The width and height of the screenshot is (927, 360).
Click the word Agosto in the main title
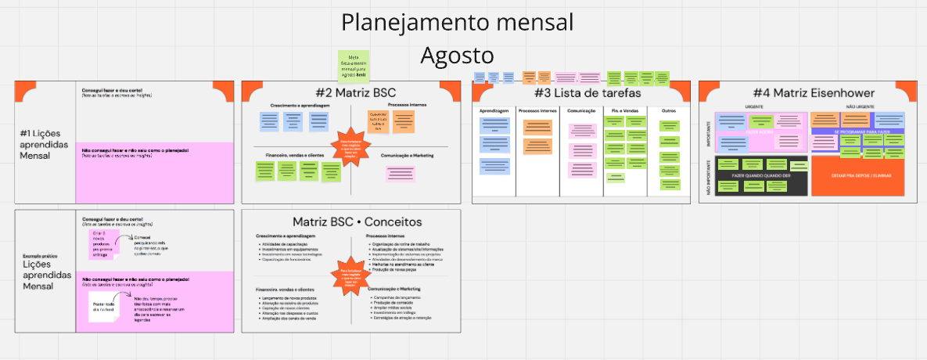point(458,56)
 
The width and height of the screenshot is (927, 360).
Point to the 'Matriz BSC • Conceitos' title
point(357,221)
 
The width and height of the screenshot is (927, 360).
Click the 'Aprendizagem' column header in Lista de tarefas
point(494,111)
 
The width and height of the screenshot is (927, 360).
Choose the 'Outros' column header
point(668,111)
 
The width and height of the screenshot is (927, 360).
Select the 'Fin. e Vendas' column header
point(624,111)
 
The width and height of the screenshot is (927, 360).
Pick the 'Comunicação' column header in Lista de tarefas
point(582,111)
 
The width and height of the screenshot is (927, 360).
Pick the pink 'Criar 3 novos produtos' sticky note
point(102,243)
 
